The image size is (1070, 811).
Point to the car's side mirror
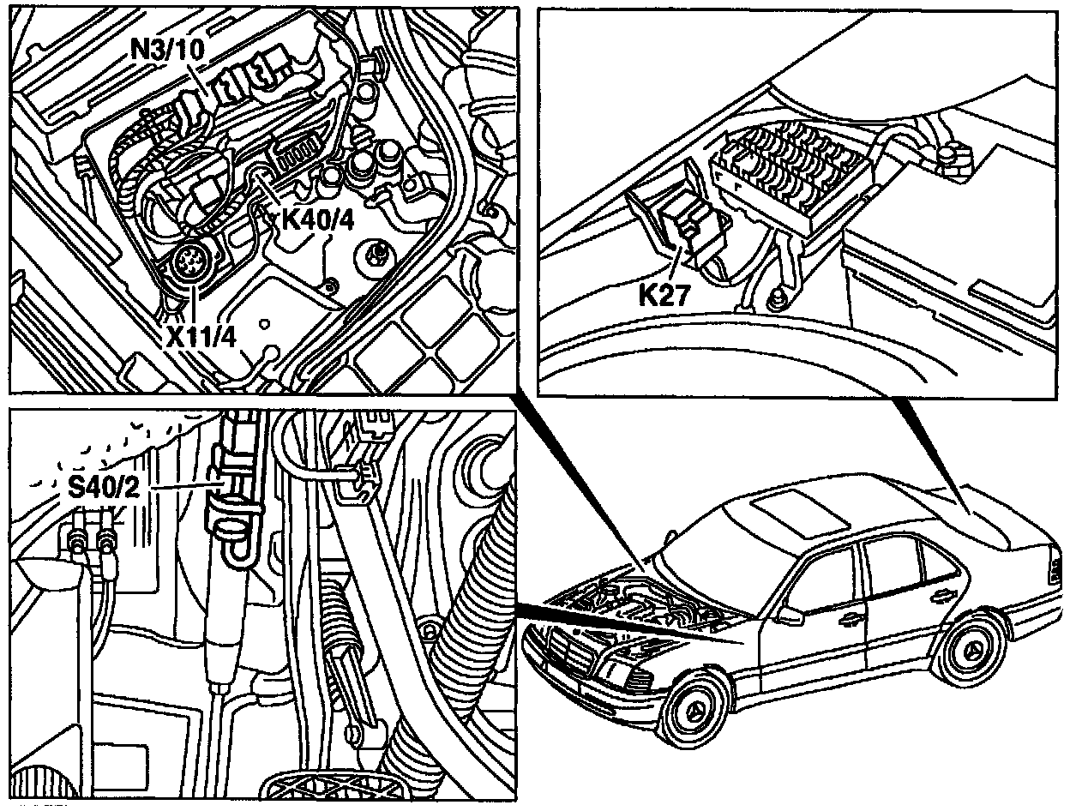(790, 615)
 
